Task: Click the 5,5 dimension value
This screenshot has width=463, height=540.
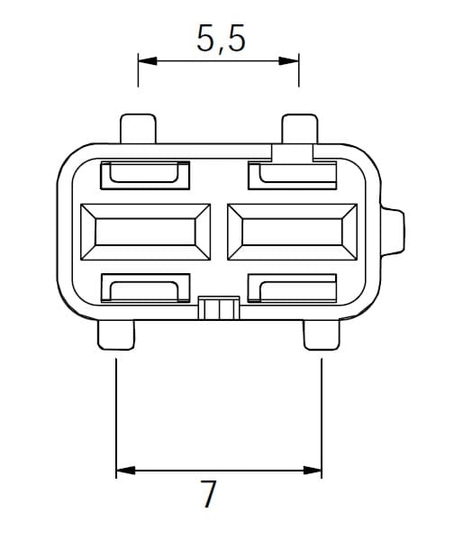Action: (x=221, y=38)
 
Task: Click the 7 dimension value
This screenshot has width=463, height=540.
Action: (x=209, y=494)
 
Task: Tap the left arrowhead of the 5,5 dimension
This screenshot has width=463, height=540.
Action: (x=148, y=61)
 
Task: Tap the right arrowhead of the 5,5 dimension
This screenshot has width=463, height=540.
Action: (x=289, y=61)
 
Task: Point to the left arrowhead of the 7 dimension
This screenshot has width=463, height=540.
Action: (x=125, y=470)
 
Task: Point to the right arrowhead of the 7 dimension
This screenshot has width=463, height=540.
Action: (x=313, y=470)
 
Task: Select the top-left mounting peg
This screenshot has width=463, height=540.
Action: (x=138, y=128)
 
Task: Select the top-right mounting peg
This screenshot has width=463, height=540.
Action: (x=299, y=128)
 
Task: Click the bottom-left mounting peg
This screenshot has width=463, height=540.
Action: (x=116, y=335)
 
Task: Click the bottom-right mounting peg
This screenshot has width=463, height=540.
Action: (x=322, y=335)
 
